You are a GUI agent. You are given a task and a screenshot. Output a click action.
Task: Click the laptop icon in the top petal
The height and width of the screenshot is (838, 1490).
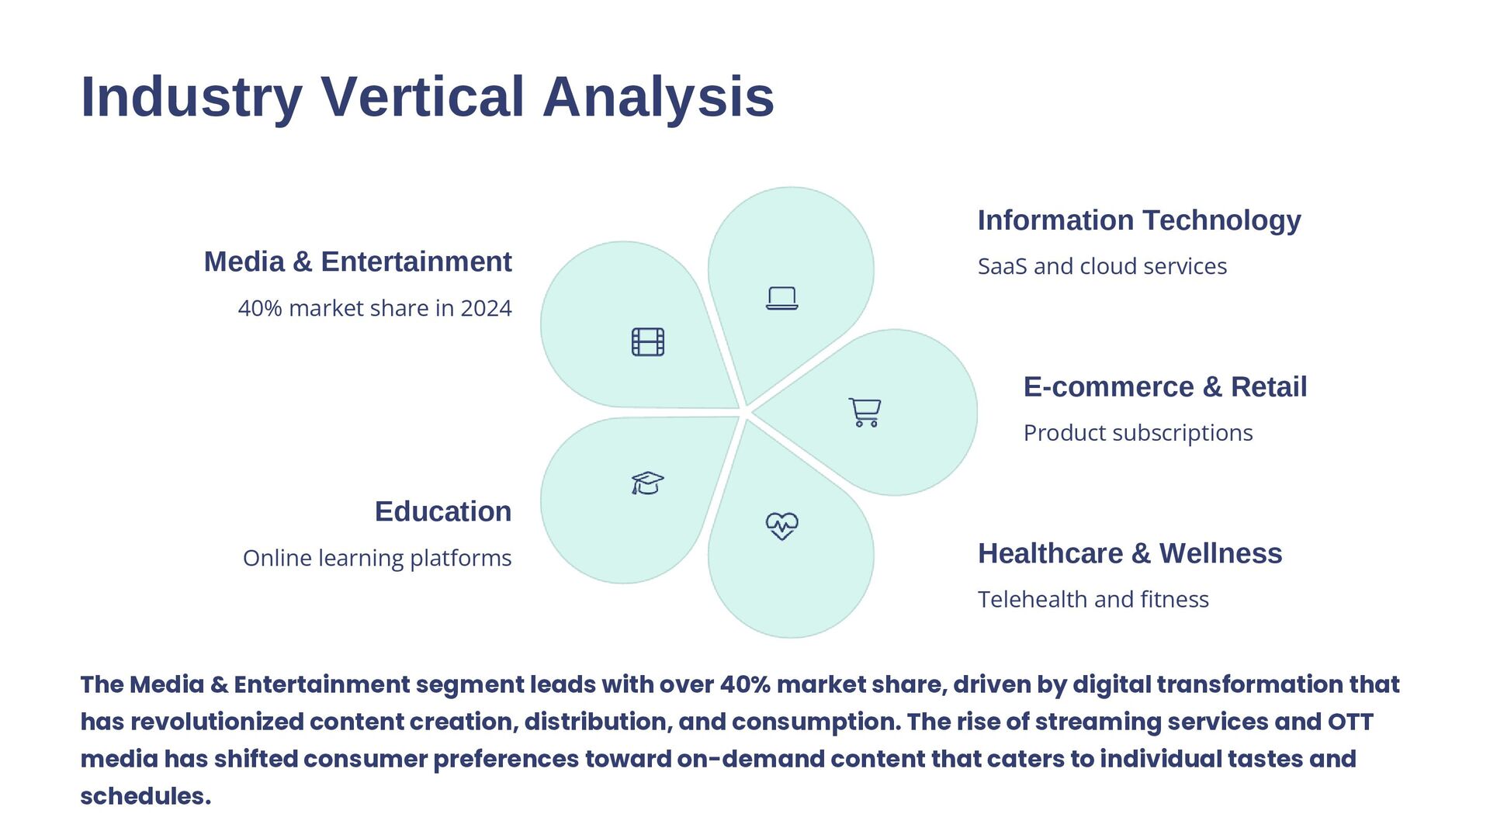[x=781, y=298]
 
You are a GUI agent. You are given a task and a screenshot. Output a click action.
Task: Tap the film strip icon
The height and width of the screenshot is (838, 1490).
[x=648, y=341]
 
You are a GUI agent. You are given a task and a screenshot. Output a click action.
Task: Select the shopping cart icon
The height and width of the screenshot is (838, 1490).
[x=865, y=412]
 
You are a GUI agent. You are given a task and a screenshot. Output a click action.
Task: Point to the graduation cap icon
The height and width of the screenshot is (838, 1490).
[x=647, y=483]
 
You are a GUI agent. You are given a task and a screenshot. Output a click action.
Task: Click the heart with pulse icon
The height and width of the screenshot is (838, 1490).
[x=781, y=525]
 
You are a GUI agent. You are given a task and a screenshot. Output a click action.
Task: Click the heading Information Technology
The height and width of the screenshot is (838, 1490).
[x=1138, y=220]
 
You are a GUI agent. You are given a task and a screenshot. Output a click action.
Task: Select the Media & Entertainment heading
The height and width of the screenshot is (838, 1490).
[x=358, y=262]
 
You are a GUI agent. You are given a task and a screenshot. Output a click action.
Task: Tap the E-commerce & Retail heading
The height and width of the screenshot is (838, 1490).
[x=1165, y=387]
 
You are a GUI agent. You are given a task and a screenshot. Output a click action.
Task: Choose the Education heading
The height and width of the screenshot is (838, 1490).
[x=443, y=512]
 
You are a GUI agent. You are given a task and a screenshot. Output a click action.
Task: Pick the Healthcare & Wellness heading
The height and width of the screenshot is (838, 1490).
[x=1129, y=554]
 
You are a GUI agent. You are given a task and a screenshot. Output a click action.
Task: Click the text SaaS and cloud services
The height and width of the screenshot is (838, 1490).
[x=1102, y=266]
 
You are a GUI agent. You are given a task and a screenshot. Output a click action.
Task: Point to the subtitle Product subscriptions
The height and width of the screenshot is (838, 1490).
[x=1138, y=433]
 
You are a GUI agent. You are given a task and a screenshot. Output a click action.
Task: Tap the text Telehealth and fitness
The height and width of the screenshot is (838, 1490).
[x=1093, y=600]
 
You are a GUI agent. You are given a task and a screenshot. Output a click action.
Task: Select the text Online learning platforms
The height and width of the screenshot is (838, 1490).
[x=377, y=559]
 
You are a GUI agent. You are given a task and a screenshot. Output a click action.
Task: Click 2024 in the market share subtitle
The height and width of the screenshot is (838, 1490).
[x=486, y=309]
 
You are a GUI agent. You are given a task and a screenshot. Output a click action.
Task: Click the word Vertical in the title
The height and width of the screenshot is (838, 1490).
[x=422, y=97]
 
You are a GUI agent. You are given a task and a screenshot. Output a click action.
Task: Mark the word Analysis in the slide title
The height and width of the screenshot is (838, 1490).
[x=658, y=97]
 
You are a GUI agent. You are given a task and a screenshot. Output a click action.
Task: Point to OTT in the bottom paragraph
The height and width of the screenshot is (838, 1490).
[x=1350, y=722]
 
